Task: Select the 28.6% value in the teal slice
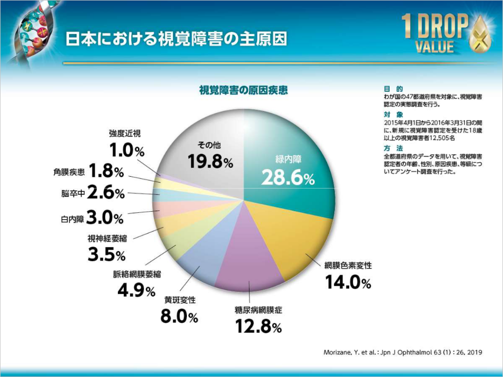287,178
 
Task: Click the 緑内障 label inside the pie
288,159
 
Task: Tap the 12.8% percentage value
257,326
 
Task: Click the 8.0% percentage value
179,316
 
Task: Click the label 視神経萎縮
107,239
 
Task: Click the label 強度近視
125,133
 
